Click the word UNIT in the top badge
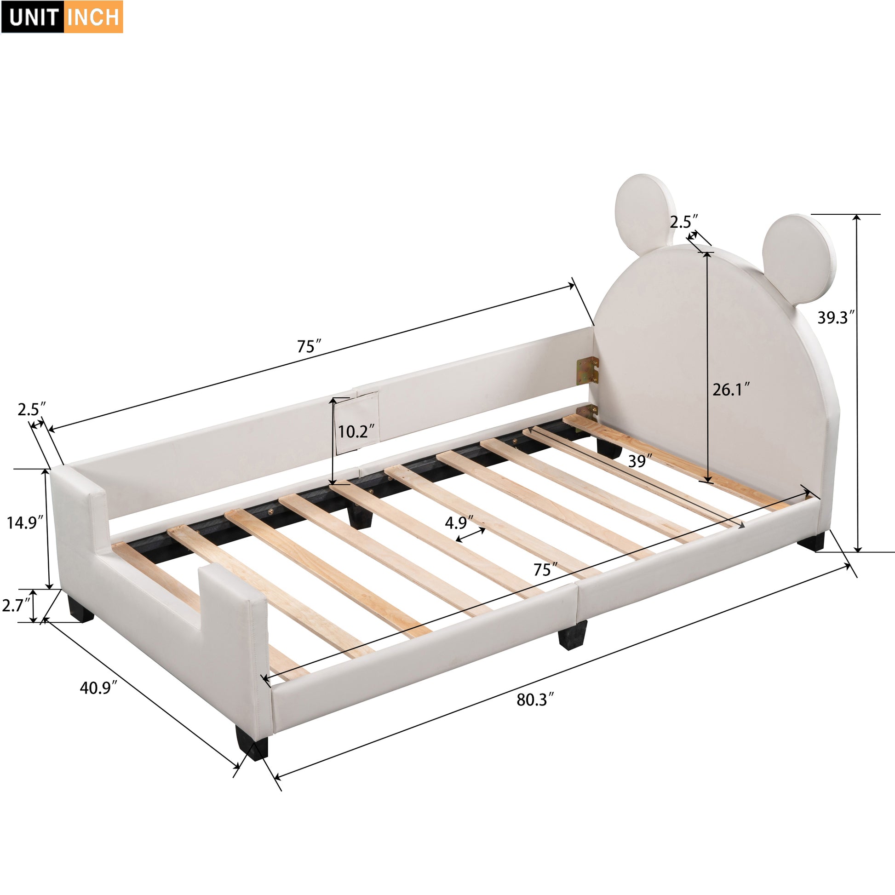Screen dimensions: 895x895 point(33,17)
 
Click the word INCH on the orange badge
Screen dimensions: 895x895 point(93,17)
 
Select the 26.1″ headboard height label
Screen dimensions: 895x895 point(730,390)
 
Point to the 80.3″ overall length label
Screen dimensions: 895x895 point(535,700)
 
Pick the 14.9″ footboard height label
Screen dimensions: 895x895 point(24,523)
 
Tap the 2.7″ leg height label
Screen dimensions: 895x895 point(16,605)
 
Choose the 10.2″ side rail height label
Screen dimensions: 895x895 point(356,432)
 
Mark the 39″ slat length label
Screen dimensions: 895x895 point(640,461)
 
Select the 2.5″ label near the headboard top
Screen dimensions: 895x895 point(683,222)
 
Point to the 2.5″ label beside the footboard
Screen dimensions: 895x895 point(31,409)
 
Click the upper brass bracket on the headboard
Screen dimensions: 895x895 point(587,371)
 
